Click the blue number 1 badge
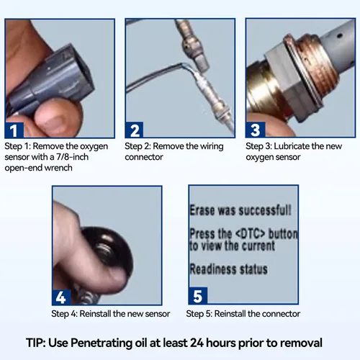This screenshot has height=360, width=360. click(x=14, y=130)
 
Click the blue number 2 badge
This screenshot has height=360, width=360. click(x=135, y=130)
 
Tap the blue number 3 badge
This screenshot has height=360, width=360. click(x=256, y=130)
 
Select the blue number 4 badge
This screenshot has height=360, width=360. click(x=61, y=297)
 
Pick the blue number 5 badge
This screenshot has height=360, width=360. click(x=198, y=296)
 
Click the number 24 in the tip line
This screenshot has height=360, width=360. click(x=197, y=343)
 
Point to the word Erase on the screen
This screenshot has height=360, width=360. click(x=202, y=210)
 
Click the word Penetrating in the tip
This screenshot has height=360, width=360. click(x=102, y=343)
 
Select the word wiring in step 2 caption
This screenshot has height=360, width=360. click(x=212, y=146)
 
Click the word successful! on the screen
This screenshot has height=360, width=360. click(x=265, y=210)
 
